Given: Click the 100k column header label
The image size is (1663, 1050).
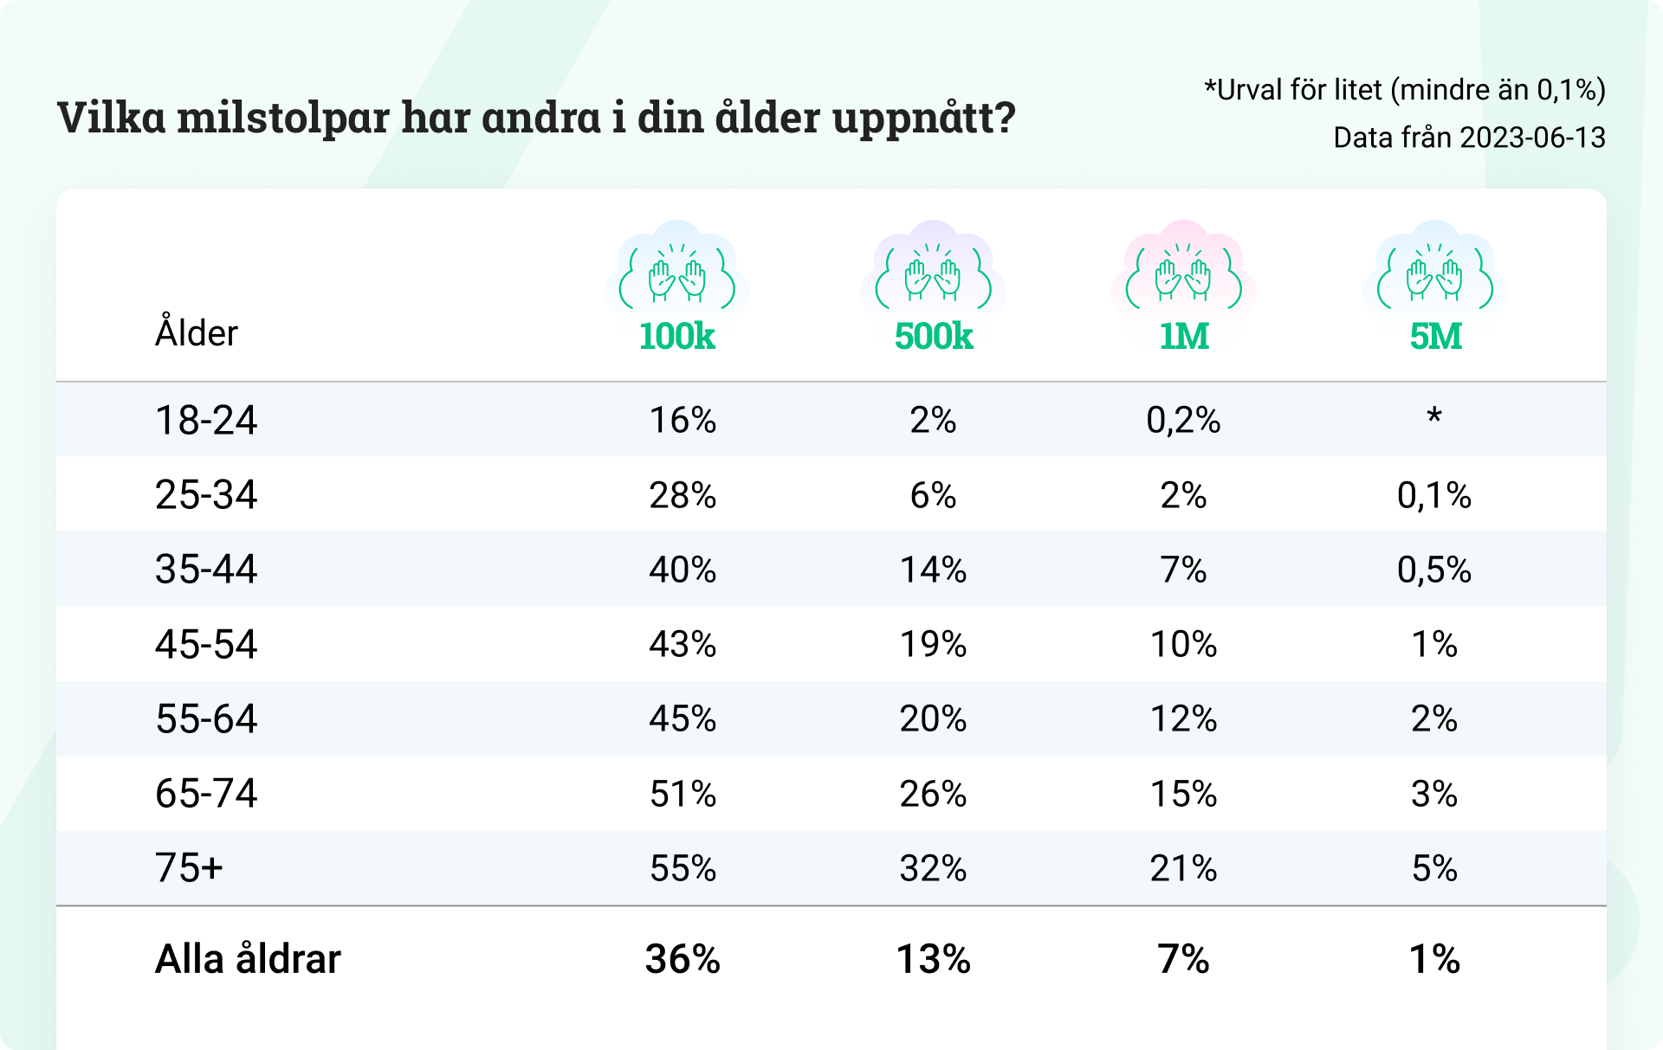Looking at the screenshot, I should [x=676, y=337].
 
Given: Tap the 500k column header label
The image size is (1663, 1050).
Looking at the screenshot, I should [x=934, y=337].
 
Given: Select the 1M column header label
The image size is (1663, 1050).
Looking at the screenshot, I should [x=1184, y=337].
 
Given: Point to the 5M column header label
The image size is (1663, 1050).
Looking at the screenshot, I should [x=1435, y=337].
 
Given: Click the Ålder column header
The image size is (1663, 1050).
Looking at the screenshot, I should [x=196, y=332].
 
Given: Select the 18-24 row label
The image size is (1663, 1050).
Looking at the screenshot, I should [x=206, y=421].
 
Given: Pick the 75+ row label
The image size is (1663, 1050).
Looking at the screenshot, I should [x=189, y=868].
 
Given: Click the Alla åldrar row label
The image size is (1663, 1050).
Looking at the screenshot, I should [x=248, y=959].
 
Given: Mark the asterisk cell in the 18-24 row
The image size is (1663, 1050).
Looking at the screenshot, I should [x=1434, y=416].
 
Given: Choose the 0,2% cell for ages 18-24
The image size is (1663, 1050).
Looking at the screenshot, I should [x=1183, y=421].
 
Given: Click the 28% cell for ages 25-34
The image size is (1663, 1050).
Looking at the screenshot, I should [x=683, y=495].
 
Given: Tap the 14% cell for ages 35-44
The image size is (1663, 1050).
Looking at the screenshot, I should [x=933, y=570].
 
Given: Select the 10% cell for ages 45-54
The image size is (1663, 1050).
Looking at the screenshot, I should [x=1183, y=645].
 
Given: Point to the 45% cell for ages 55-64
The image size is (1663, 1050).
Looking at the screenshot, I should [x=683, y=719].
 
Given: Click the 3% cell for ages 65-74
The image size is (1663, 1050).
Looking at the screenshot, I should [x=1434, y=794].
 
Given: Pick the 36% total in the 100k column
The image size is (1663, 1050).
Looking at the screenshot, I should [x=683, y=959].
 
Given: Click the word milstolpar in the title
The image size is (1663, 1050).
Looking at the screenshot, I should [x=283, y=118].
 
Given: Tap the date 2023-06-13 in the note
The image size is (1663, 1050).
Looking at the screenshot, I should [x=1532, y=138].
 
